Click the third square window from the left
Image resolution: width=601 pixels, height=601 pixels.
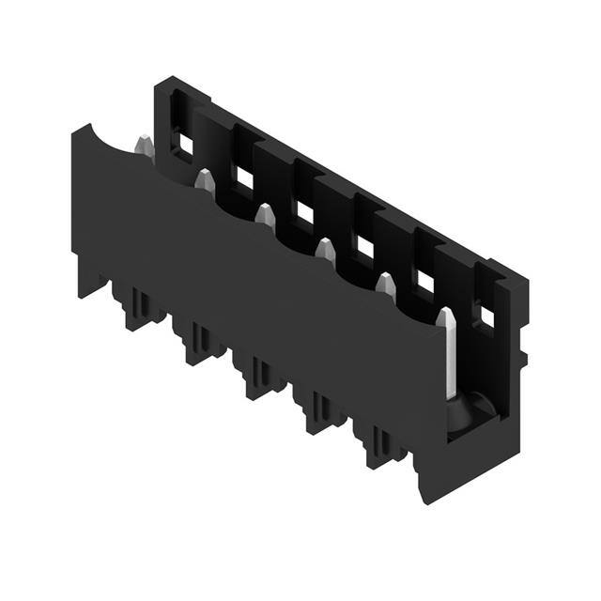click(304, 213)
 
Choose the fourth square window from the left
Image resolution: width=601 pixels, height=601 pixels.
click(364, 247)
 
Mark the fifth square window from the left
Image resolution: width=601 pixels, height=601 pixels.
click(424, 281)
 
